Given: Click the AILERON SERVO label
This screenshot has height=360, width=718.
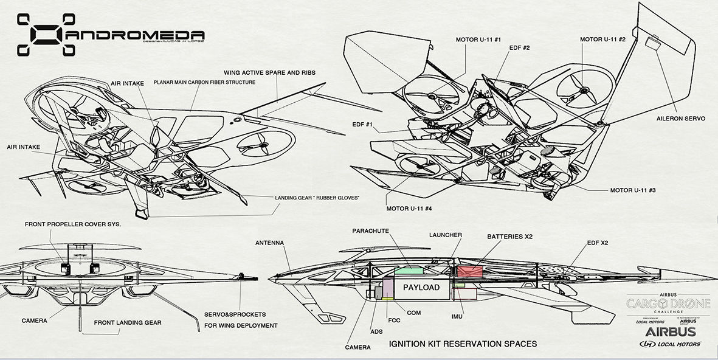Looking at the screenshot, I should click(x=681, y=119).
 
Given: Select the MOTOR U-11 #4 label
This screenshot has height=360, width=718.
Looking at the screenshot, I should click(x=409, y=209).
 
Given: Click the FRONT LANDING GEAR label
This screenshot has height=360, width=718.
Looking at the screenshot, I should click(x=128, y=322).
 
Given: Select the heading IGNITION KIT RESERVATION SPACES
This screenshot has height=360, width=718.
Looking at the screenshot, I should click(x=462, y=344).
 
